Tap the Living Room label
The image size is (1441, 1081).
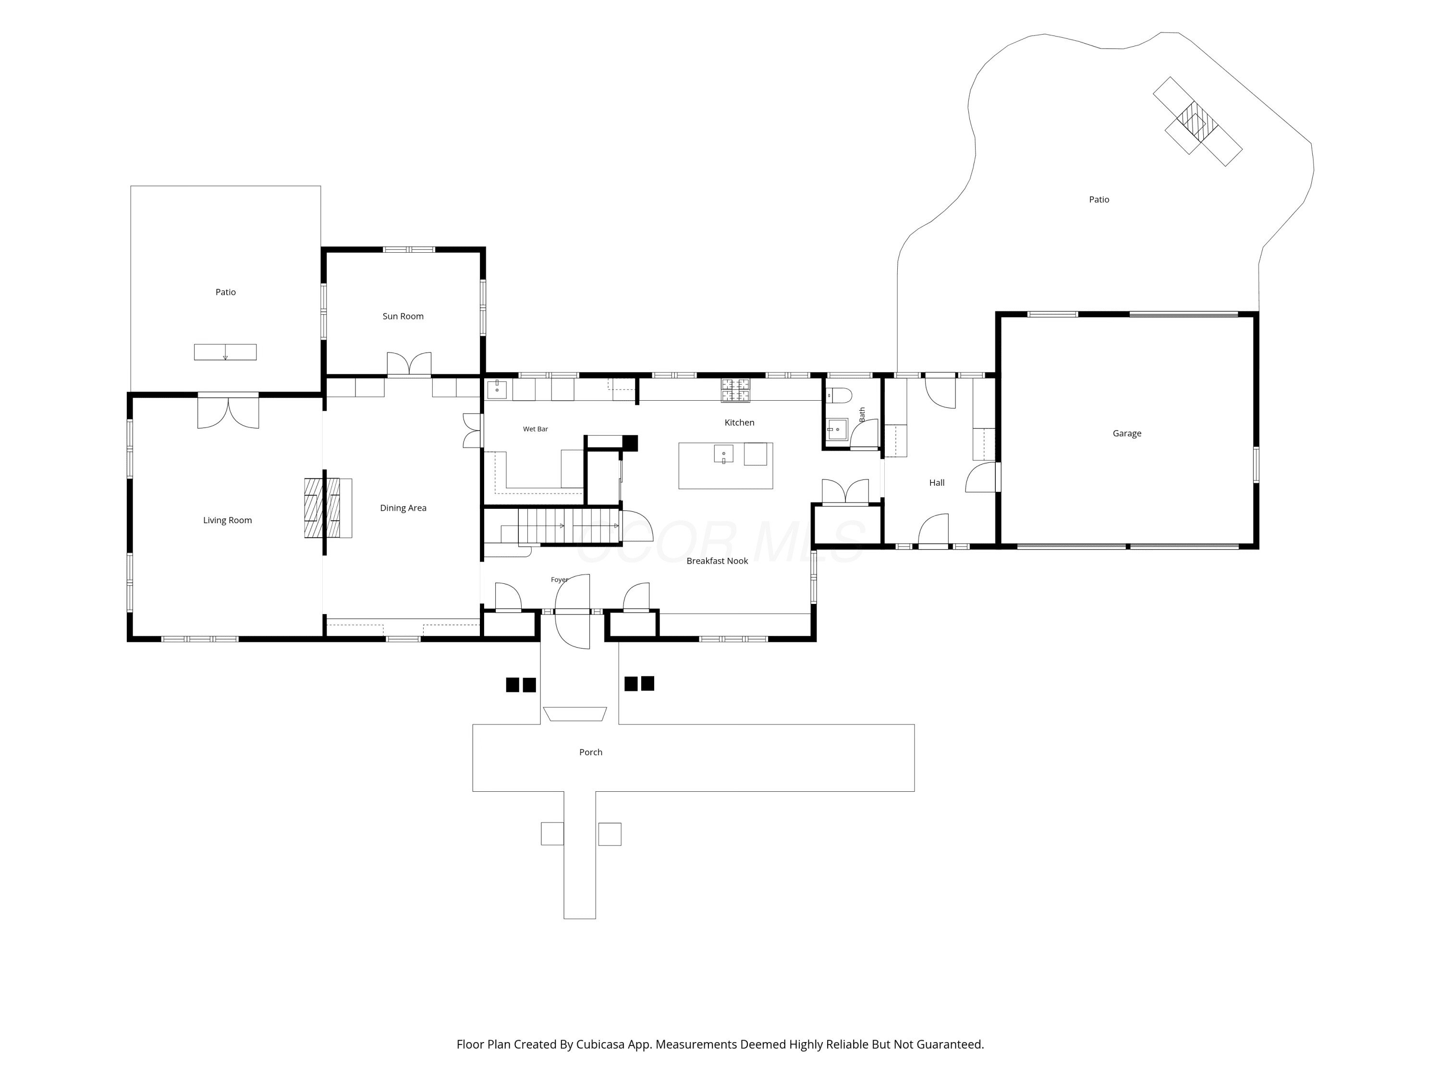click(227, 520)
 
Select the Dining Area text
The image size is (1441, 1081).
click(403, 508)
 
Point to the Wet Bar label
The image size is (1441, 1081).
click(536, 429)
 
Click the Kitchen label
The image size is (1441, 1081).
click(739, 422)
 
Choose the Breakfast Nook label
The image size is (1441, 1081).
click(717, 560)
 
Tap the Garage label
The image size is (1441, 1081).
click(1127, 433)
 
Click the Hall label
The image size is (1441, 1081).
click(937, 483)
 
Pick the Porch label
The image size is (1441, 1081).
click(591, 752)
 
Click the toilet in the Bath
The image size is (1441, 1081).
click(838, 395)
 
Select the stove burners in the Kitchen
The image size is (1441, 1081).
click(735, 390)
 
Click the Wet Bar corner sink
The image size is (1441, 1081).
click(497, 389)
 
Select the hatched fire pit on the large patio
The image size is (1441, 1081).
click(1197, 122)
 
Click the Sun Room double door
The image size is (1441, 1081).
click(409, 364)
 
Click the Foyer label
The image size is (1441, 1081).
click(560, 579)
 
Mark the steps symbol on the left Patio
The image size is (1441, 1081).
click(225, 352)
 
